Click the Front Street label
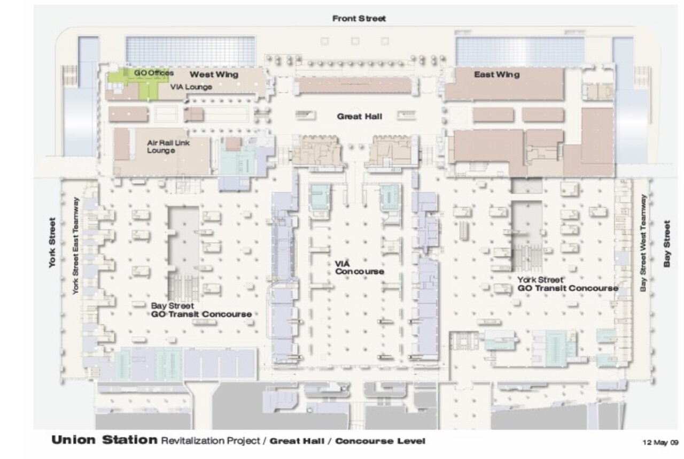click(x=359, y=19)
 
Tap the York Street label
click(x=52, y=243)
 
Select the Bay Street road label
click(x=667, y=244)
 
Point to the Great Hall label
click(x=360, y=117)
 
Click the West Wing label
click(x=214, y=74)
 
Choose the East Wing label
click(x=497, y=74)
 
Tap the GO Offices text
click(x=154, y=73)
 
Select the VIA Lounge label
click(x=191, y=87)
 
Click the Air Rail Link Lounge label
click(x=168, y=147)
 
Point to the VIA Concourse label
click(x=360, y=267)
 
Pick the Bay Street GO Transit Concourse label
click(x=201, y=310)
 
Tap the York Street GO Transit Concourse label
click(x=568, y=284)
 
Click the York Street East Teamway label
click(x=75, y=246)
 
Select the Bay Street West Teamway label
click(x=643, y=243)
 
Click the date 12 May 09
click(x=660, y=442)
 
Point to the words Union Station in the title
click(x=104, y=440)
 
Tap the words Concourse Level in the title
click(x=380, y=441)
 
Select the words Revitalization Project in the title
click(x=211, y=441)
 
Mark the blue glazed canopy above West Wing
click(x=191, y=51)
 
